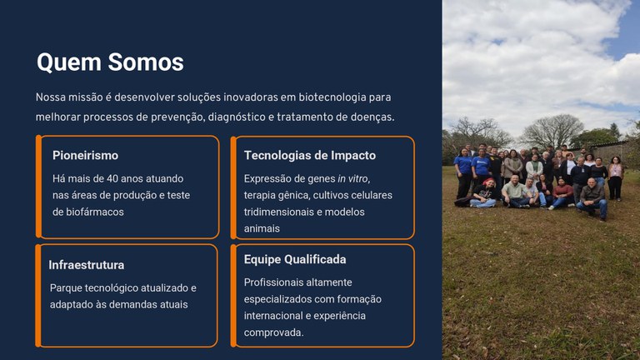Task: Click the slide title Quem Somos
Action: tap(110, 62)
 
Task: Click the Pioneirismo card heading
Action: tap(85, 156)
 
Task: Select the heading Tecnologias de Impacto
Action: tap(309, 156)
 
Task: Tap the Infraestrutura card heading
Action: tap(87, 265)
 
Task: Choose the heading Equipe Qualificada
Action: tap(295, 260)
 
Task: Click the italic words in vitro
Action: tap(352, 179)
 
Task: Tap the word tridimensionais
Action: tap(281, 212)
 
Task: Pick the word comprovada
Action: tap(273, 332)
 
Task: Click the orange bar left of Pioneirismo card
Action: tap(38, 187)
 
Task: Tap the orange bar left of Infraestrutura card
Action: tap(38, 295)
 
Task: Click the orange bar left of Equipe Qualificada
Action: tap(232, 295)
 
